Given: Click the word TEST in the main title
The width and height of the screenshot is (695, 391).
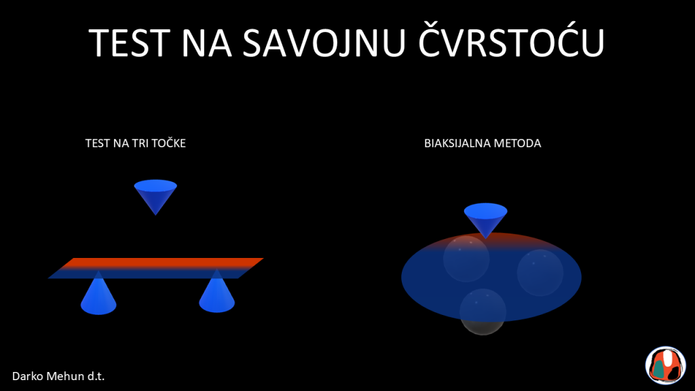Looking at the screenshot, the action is (130, 43).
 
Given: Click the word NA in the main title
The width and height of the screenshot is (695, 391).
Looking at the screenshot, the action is (206, 43).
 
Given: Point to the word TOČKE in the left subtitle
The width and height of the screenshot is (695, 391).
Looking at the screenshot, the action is (168, 143).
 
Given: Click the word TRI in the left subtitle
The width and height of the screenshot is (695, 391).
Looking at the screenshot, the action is (140, 143).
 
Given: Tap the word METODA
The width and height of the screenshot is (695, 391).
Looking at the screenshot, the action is (517, 143).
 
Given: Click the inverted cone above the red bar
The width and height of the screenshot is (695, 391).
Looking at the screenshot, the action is (155, 195).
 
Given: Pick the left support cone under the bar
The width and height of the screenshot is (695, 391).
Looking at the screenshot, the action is (98, 295).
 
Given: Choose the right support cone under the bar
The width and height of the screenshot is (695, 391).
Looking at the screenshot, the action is (217, 293).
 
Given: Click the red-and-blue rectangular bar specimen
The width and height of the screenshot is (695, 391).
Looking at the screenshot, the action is (155, 267).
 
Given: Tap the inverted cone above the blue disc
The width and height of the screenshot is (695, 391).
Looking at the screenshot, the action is (486, 218).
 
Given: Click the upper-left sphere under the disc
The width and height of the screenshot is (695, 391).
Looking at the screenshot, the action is (466, 259).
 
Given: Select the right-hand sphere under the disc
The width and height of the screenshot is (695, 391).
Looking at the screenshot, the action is (540, 273).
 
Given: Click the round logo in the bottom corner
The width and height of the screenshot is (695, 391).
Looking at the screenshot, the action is (665, 365).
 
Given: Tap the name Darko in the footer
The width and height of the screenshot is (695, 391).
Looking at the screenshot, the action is (27, 376).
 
